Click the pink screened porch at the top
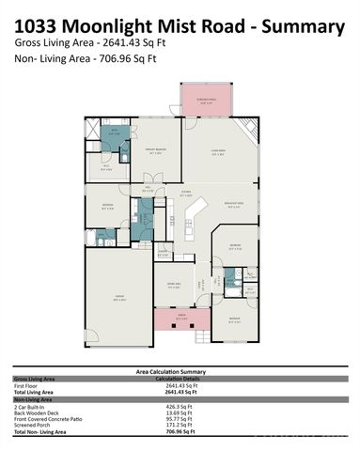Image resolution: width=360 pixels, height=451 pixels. [x=206, y=101]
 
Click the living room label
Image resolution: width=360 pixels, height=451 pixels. [x=217, y=153]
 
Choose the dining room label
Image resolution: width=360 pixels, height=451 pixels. [x=173, y=285]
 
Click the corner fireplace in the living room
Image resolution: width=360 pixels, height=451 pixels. [x=247, y=130]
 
